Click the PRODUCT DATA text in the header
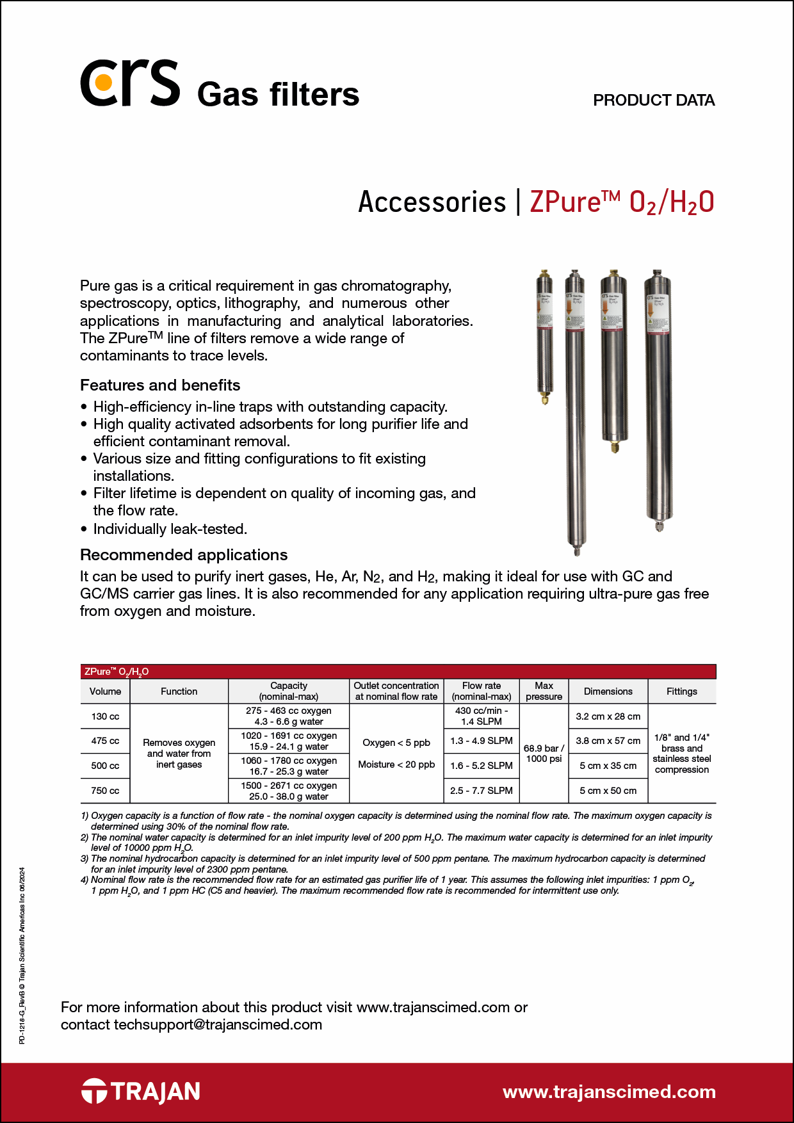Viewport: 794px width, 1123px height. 653,101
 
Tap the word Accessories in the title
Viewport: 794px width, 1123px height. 432,202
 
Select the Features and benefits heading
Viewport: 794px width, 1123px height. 160,385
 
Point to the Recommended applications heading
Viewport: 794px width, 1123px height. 184,555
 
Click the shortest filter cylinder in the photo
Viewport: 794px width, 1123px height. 545,337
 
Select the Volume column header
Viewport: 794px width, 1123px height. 105,691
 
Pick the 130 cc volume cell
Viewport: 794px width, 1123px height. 105,716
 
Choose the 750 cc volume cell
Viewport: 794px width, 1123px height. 105,791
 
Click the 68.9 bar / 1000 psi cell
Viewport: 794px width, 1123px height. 544,754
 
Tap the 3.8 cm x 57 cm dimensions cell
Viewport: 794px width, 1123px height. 608,741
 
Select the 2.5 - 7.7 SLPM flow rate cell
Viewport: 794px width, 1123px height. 481,791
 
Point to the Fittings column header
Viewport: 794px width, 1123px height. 681,691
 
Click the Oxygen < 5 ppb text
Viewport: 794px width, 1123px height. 396,743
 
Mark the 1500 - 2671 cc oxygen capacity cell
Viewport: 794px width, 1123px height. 289,791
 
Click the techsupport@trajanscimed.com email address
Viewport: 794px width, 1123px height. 218,1024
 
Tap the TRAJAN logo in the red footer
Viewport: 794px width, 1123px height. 141,1092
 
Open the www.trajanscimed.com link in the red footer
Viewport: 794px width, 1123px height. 609,1092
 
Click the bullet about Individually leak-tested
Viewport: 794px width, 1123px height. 170,529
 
